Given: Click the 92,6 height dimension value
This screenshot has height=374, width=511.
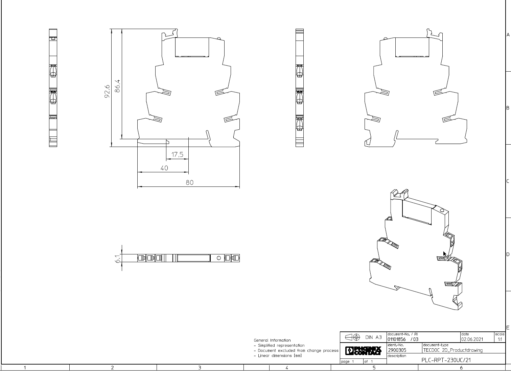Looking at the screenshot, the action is tap(107, 92).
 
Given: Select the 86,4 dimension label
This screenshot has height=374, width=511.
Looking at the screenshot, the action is tap(117, 86).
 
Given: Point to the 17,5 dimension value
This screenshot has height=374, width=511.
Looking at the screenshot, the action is tap(177, 154).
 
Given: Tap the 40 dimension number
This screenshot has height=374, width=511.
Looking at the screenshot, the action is tap(164, 168).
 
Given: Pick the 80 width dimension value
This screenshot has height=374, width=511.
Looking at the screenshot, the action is tap(190, 182).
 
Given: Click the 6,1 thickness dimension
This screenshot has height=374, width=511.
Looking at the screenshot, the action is tap(117, 259).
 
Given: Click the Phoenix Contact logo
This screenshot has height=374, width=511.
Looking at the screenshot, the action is tap(363, 351).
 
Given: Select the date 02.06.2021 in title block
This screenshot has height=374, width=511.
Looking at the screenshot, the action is tap(472, 339).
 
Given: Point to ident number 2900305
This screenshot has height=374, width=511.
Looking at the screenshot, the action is tap(397, 350).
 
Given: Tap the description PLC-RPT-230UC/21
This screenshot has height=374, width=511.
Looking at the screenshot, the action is tap(446, 360).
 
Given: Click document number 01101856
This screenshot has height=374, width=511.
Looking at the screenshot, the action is tap(396, 339).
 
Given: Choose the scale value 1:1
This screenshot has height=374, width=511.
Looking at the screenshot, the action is tap(500, 339).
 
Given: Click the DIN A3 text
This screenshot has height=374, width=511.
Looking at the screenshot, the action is tap(373, 337).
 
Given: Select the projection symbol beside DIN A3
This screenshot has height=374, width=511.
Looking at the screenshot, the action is tap(352, 337).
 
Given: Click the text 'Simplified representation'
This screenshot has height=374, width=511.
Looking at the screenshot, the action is tap(281, 345).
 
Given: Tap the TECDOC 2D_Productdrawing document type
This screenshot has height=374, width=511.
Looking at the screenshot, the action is tap(453, 350).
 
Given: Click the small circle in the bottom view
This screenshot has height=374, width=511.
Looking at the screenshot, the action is tap(218, 258).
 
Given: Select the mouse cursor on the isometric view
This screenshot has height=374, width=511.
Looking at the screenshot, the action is tap(445, 254).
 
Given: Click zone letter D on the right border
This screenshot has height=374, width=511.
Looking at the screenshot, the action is tap(508, 254).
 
